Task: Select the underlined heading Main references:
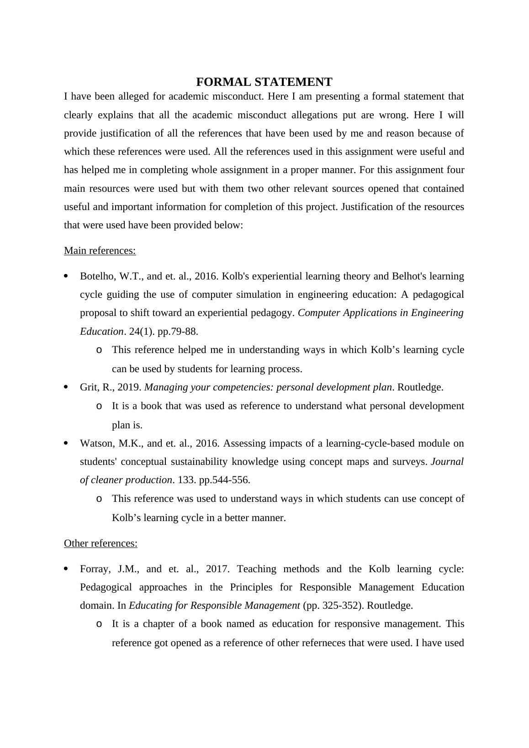100,251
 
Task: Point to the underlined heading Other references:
101,543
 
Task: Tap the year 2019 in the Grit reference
129,387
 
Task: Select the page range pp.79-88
178,332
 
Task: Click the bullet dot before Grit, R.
66,387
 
